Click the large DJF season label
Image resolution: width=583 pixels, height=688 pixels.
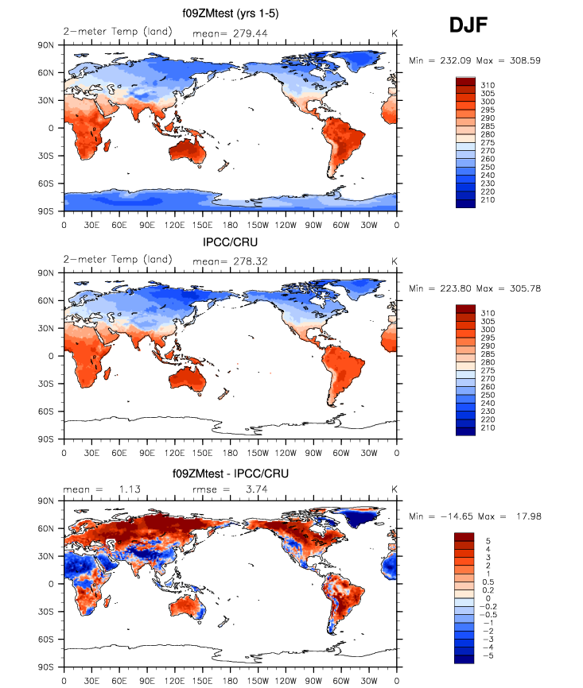click(x=468, y=27)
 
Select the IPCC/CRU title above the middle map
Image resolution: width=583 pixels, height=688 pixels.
click(x=230, y=241)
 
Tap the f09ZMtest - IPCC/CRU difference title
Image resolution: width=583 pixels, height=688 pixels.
click(x=230, y=473)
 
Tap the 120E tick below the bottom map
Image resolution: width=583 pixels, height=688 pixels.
click(x=175, y=679)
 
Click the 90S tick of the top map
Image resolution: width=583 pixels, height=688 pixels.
click(x=47, y=211)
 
